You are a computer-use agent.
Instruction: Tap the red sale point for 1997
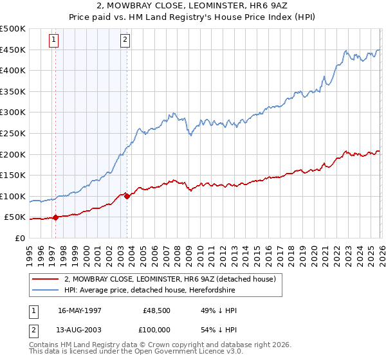(x=55, y=217)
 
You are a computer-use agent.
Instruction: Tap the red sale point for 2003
(x=127, y=196)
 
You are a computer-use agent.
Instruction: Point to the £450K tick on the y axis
(x=13, y=50)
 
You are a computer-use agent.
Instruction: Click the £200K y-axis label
(x=13, y=154)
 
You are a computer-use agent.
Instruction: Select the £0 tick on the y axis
(x=19, y=238)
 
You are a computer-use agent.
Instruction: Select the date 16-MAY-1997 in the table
(x=80, y=310)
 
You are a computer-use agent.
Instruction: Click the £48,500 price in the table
(x=157, y=310)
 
